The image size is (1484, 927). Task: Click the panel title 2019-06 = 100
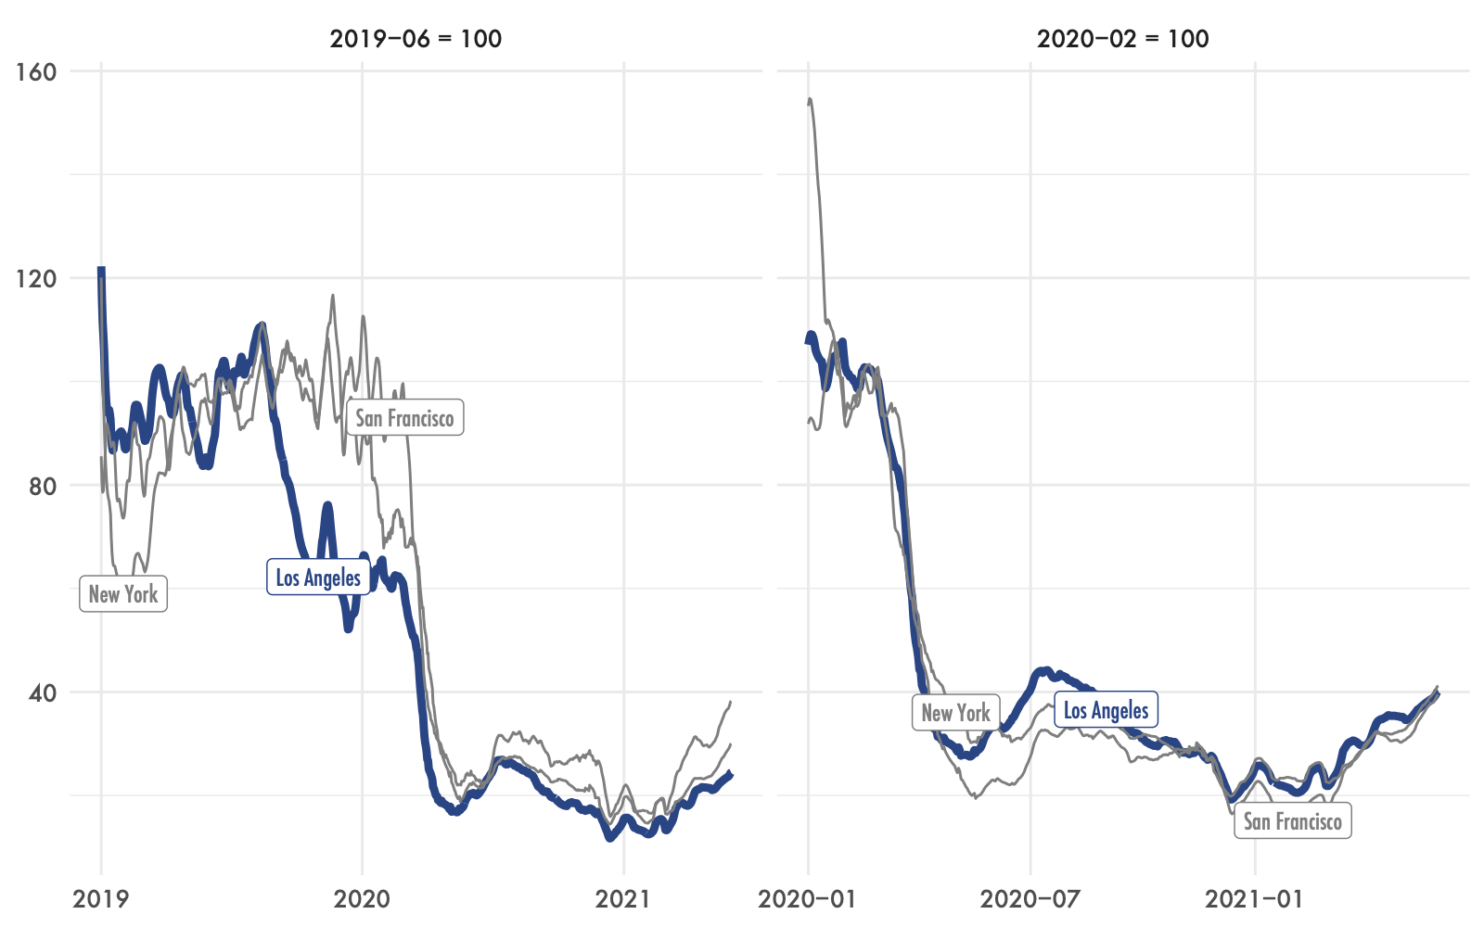pos(416,39)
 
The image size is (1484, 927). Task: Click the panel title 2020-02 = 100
pos(1122,39)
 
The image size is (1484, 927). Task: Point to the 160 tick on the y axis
pos(37,71)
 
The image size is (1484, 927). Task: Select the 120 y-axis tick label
pos(37,278)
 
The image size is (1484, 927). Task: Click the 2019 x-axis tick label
pos(100,898)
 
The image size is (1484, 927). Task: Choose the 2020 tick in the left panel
pos(362,898)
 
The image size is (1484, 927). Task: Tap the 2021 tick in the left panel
pos(623,898)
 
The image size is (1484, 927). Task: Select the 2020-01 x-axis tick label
pos(807,898)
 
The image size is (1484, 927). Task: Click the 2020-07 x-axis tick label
pos(1030,898)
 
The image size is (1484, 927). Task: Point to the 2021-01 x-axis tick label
pos(1254,898)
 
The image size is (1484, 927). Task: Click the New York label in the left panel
pos(123,594)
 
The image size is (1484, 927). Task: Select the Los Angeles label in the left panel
pos(318,578)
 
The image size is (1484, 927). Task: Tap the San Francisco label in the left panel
pos(404,418)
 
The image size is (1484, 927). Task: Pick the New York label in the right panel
pos(956,713)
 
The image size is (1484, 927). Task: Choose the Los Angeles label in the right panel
pos(1106,711)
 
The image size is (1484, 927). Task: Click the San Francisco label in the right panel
pos(1292,821)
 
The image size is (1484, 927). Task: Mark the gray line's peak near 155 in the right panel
pos(811,99)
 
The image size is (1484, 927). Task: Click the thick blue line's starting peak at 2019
pos(101,270)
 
